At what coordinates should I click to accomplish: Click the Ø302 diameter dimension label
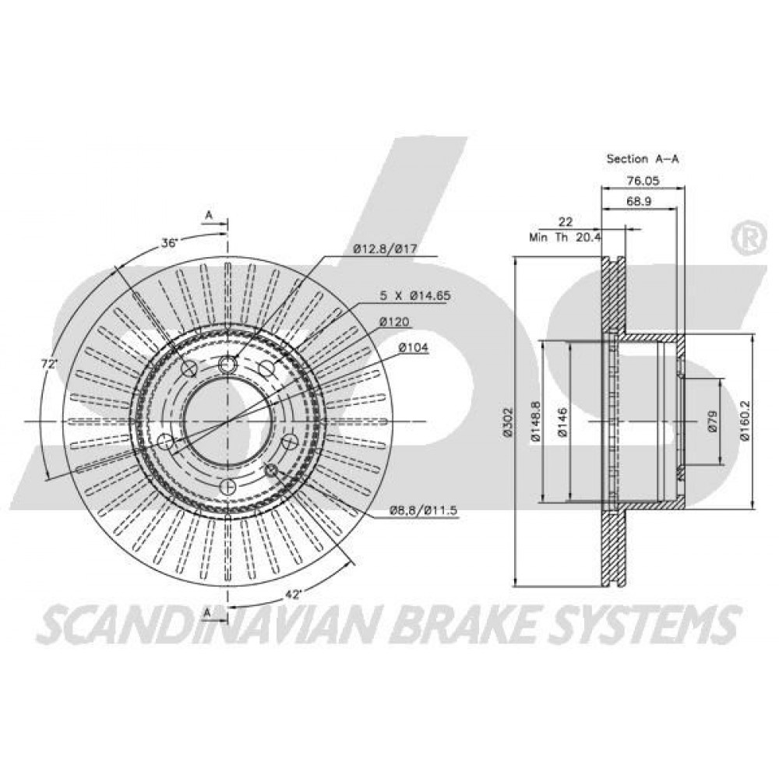point(507,421)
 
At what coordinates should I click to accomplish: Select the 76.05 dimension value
point(643,181)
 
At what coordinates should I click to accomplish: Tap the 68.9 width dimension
point(639,201)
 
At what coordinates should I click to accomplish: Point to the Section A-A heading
point(643,159)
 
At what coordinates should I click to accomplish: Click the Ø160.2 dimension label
point(744,421)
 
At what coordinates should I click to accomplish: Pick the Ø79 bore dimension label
point(713,421)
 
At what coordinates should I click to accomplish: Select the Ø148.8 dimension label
point(535,421)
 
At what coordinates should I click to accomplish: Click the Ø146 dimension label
point(562,421)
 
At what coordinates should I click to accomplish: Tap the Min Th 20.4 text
point(565,238)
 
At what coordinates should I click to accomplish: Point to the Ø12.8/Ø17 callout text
point(385,249)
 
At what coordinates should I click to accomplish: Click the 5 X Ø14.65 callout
point(415,295)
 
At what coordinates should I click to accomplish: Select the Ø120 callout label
point(394,322)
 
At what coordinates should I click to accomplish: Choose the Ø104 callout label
point(414,347)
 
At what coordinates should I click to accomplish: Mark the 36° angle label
point(169,243)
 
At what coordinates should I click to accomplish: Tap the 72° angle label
point(50,364)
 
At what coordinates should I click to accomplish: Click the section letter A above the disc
point(209,215)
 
